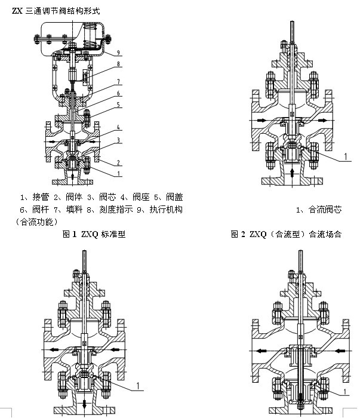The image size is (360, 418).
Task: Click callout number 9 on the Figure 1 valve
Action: click(119, 53)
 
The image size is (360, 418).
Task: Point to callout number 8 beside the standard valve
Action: click(119, 64)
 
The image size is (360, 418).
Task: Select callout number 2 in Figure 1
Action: click(119, 162)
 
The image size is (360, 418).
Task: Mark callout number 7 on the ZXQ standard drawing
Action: click(119, 81)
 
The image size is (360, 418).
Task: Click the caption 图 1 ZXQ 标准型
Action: click(94, 235)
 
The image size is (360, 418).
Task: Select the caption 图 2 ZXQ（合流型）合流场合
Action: click(286, 235)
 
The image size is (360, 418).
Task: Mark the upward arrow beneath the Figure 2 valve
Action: click(291, 173)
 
